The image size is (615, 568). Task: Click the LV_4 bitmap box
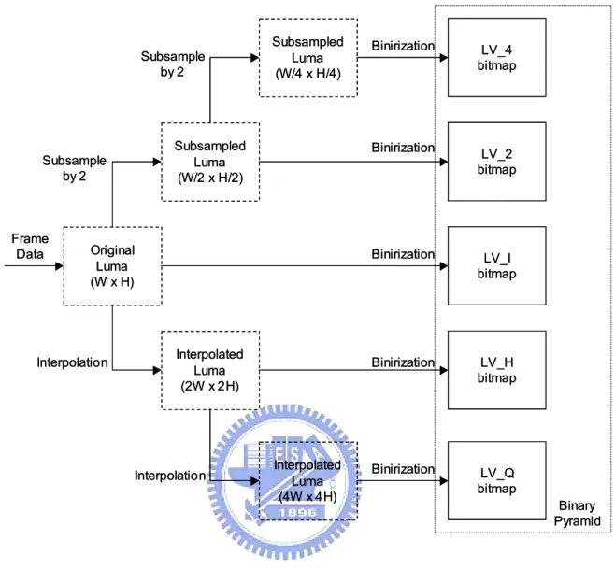[x=497, y=57]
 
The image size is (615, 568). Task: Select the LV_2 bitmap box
[x=497, y=162]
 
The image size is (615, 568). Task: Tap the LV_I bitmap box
[x=497, y=265]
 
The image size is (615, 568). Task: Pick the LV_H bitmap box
[x=497, y=370]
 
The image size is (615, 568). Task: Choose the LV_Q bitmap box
[x=497, y=480]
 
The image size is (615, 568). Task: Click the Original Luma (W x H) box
[x=112, y=266]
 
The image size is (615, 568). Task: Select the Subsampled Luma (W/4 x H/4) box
[x=308, y=58]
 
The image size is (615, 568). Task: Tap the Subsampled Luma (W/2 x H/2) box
[x=210, y=162]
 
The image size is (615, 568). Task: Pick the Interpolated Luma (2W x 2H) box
[x=210, y=371]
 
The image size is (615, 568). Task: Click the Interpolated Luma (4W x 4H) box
[x=308, y=481]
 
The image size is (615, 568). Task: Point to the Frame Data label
[x=30, y=247]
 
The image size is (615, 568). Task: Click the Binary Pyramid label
[x=577, y=514]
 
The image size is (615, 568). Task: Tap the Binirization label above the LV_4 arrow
[x=403, y=46]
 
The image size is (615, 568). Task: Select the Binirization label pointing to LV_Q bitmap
[x=403, y=469]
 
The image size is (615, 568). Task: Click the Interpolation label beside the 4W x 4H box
[x=170, y=476]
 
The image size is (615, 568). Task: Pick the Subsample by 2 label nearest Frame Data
[x=75, y=168]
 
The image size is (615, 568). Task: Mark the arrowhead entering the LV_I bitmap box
[x=444, y=265]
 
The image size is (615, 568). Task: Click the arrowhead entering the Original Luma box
[x=59, y=265]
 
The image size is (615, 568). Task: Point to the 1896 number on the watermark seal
[x=298, y=512]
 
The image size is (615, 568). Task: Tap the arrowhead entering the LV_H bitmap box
[x=444, y=370]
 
